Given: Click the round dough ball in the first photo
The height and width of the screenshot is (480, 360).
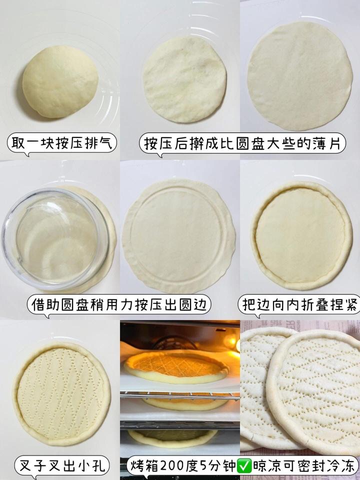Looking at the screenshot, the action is click(x=60, y=82).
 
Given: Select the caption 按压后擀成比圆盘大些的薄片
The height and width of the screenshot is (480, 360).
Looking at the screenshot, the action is click(x=242, y=143).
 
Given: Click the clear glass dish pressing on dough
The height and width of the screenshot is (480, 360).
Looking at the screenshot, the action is click(x=55, y=239).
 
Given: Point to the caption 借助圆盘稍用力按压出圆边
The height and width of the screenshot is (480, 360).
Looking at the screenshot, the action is click(x=119, y=304).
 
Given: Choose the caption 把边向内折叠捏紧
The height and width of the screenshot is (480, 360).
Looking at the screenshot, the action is click(x=300, y=304).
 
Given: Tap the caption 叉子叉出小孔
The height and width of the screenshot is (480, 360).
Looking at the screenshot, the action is click(x=62, y=466).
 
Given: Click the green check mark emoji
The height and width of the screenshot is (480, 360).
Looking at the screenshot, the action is click(x=244, y=466).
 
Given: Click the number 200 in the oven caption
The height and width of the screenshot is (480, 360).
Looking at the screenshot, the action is click(x=172, y=466).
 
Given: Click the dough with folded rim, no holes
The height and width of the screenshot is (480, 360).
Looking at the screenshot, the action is click(x=301, y=235).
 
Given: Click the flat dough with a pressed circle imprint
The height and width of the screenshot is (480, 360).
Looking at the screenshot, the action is click(x=179, y=236).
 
